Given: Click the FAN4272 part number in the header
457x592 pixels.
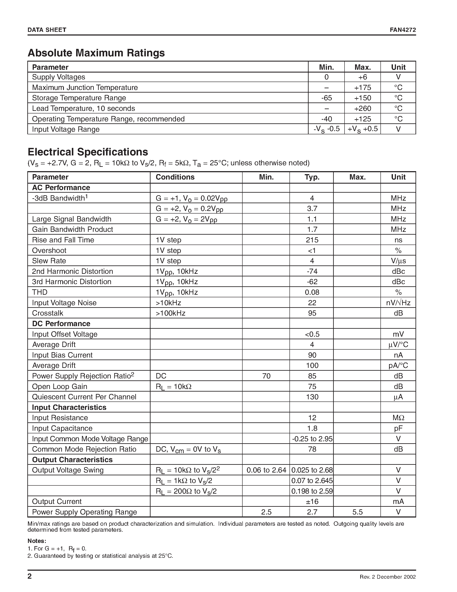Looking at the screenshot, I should pos(403,30).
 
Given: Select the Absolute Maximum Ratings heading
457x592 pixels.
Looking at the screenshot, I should pos(96,53).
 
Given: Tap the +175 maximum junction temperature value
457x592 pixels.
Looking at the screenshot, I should pos(363,88).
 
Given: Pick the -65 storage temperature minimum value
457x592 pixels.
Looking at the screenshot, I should pos(326,98).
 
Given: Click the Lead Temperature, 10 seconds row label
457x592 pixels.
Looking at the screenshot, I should pos(83,108).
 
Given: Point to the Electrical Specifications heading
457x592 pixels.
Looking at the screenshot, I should pos(88,152).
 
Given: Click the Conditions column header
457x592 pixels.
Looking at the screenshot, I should pos(175,177).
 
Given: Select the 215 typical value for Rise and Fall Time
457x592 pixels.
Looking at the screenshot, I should pos(312,240).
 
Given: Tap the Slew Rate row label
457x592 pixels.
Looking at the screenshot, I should pos(49,261).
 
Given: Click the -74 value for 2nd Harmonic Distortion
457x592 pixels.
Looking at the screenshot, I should pos(312,271).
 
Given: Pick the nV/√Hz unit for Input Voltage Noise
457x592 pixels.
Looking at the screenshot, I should pos(398,303).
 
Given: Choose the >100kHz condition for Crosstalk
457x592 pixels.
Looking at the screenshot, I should pos(170,313).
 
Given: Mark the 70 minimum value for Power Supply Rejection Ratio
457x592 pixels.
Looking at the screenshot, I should pos(266,376).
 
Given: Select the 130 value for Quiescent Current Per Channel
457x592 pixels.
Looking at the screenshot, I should pos(312,397).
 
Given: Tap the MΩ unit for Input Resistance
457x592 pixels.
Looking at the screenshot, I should pos(398,418).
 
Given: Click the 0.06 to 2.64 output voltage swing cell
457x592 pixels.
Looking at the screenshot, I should pos(266,470).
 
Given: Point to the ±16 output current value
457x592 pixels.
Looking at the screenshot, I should pos(312,502).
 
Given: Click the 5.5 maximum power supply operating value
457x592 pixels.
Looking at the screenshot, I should pos(357,512).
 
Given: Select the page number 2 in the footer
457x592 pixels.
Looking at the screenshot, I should pos(30,576).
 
